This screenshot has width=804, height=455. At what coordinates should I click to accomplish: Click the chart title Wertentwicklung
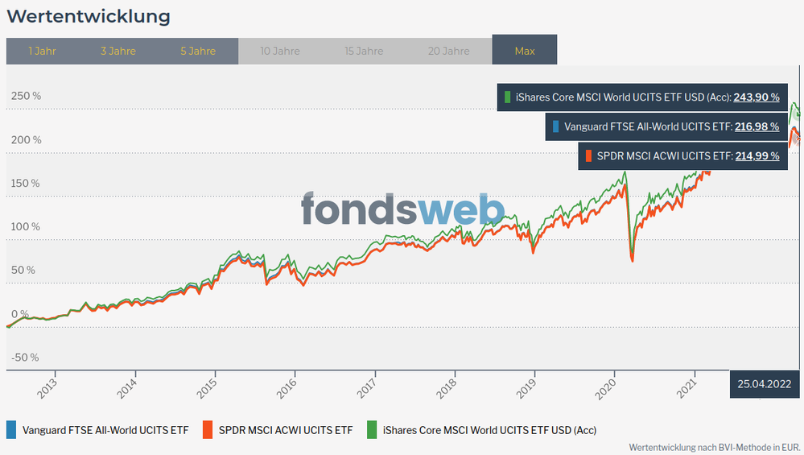[89, 16]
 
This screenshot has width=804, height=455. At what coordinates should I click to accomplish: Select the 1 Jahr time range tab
[42, 51]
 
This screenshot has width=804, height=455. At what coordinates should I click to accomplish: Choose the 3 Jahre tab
[118, 51]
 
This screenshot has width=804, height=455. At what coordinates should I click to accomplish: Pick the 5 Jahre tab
[198, 51]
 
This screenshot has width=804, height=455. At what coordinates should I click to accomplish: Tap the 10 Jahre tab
[280, 51]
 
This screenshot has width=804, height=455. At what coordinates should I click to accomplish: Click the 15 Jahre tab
[364, 51]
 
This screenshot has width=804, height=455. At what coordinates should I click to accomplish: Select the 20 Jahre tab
[449, 51]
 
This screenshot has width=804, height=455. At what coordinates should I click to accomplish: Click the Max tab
[525, 51]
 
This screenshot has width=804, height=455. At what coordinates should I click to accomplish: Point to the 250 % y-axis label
[26, 96]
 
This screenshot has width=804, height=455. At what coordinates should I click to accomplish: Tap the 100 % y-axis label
[26, 226]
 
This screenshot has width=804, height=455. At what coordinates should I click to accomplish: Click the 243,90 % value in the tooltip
[757, 97]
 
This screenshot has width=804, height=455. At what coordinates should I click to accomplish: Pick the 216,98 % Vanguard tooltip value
[757, 126]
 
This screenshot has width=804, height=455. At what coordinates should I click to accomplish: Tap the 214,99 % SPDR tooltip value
[757, 156]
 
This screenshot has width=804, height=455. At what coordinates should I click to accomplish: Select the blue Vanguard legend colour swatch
[10, 430]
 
